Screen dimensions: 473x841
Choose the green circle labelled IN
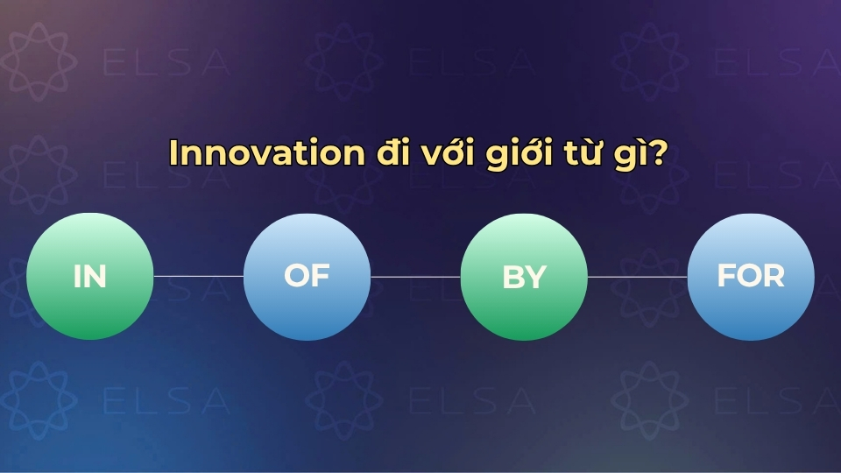click(90, 276)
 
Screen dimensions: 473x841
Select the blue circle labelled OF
click(307, 276)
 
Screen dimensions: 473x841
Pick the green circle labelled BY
click(524, 276)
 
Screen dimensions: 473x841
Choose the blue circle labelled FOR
click(751, 276)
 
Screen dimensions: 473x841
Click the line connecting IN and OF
click(199, 276)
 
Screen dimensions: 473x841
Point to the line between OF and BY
click(415, 276)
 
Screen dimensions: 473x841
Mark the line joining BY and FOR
click(637, 276)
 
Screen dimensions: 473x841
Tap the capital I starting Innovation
click(173, 152)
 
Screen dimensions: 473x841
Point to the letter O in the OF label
click(297, 276)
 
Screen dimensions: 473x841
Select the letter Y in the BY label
click(535, 278)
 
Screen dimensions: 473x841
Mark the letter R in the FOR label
click(773, 276)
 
